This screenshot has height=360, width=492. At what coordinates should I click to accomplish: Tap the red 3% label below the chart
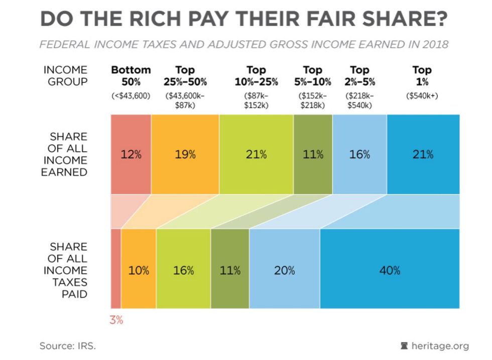116,320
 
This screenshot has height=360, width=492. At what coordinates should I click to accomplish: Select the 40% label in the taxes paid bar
390,270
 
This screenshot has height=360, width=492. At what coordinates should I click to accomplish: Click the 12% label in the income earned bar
131,155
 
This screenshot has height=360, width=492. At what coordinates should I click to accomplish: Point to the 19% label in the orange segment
185,155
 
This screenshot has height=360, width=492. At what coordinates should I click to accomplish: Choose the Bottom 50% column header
131,76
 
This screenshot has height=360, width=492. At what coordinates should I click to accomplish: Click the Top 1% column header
422,76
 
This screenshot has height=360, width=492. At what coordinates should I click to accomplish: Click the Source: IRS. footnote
68,346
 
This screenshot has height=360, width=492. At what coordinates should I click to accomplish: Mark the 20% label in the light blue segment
284,270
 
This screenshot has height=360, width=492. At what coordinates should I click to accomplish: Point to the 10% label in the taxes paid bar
139,270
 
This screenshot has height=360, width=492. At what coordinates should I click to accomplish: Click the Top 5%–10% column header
313,76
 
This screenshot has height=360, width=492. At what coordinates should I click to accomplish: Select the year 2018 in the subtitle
435,44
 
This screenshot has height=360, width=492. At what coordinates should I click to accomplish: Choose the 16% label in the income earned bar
359,155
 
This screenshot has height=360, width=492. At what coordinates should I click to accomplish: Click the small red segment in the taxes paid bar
115,268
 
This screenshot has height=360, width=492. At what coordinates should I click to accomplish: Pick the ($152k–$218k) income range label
313,100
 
